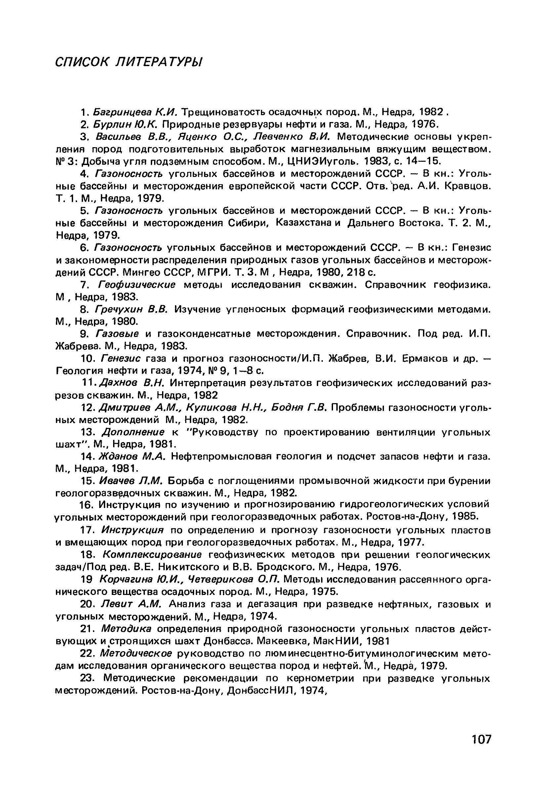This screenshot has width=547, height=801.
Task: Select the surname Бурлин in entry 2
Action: tap(112, 124)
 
